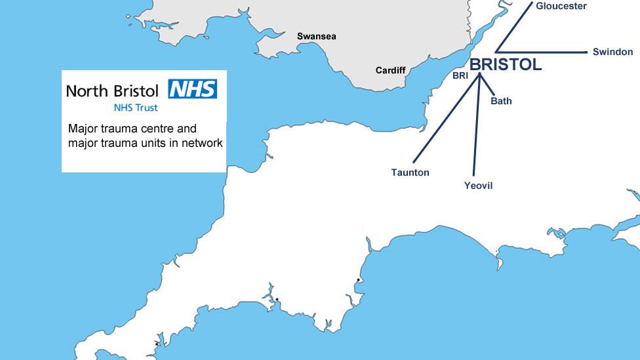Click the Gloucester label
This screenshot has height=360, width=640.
pyautogui.click(x=561, y=6)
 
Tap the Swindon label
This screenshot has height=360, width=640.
pyautogui.click(x=612, y=52)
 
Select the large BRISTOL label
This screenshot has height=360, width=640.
pyautogui.click(x=506, y=64)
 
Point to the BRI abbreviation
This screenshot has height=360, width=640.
pyautogui.click(x=460, y=76)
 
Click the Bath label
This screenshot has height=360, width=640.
pyautogui.click(x=501, y=101)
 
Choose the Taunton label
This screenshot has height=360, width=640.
pyautogui.click(x=410, y=172)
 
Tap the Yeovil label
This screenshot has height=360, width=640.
pyautogui.click(x=478, y=186)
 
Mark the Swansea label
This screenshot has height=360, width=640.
pyautogui.click(x=316, y=36)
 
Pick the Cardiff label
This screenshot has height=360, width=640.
pyautogui.click(x=390, y=70)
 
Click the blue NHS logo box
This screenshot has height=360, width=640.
pyautogui.click(x=192, y=89)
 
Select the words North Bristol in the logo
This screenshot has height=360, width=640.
pyautogui.click(x=112, y=90)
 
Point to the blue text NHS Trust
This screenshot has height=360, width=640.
pyautogui.click(x=136, y=108)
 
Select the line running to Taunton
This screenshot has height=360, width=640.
pyautogui.click(x=446, y=118)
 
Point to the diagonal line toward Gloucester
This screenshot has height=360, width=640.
pyautogui.click(x=515, y=26)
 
